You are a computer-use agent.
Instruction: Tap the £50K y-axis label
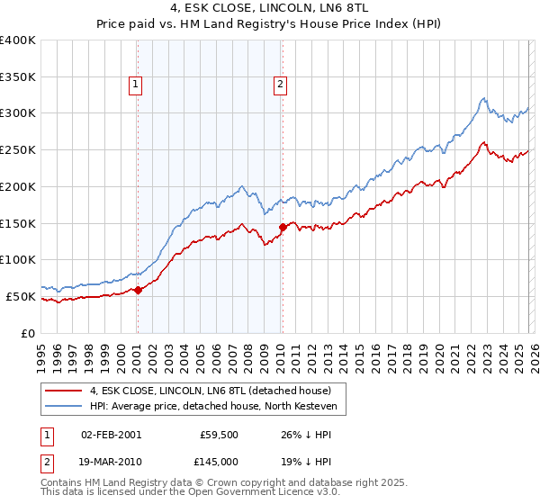tap(22, 296)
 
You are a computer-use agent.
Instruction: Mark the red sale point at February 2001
tap(138, 290)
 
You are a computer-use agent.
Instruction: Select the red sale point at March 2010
tap(283, 228)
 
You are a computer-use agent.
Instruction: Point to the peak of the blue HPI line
tap(484, 98)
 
